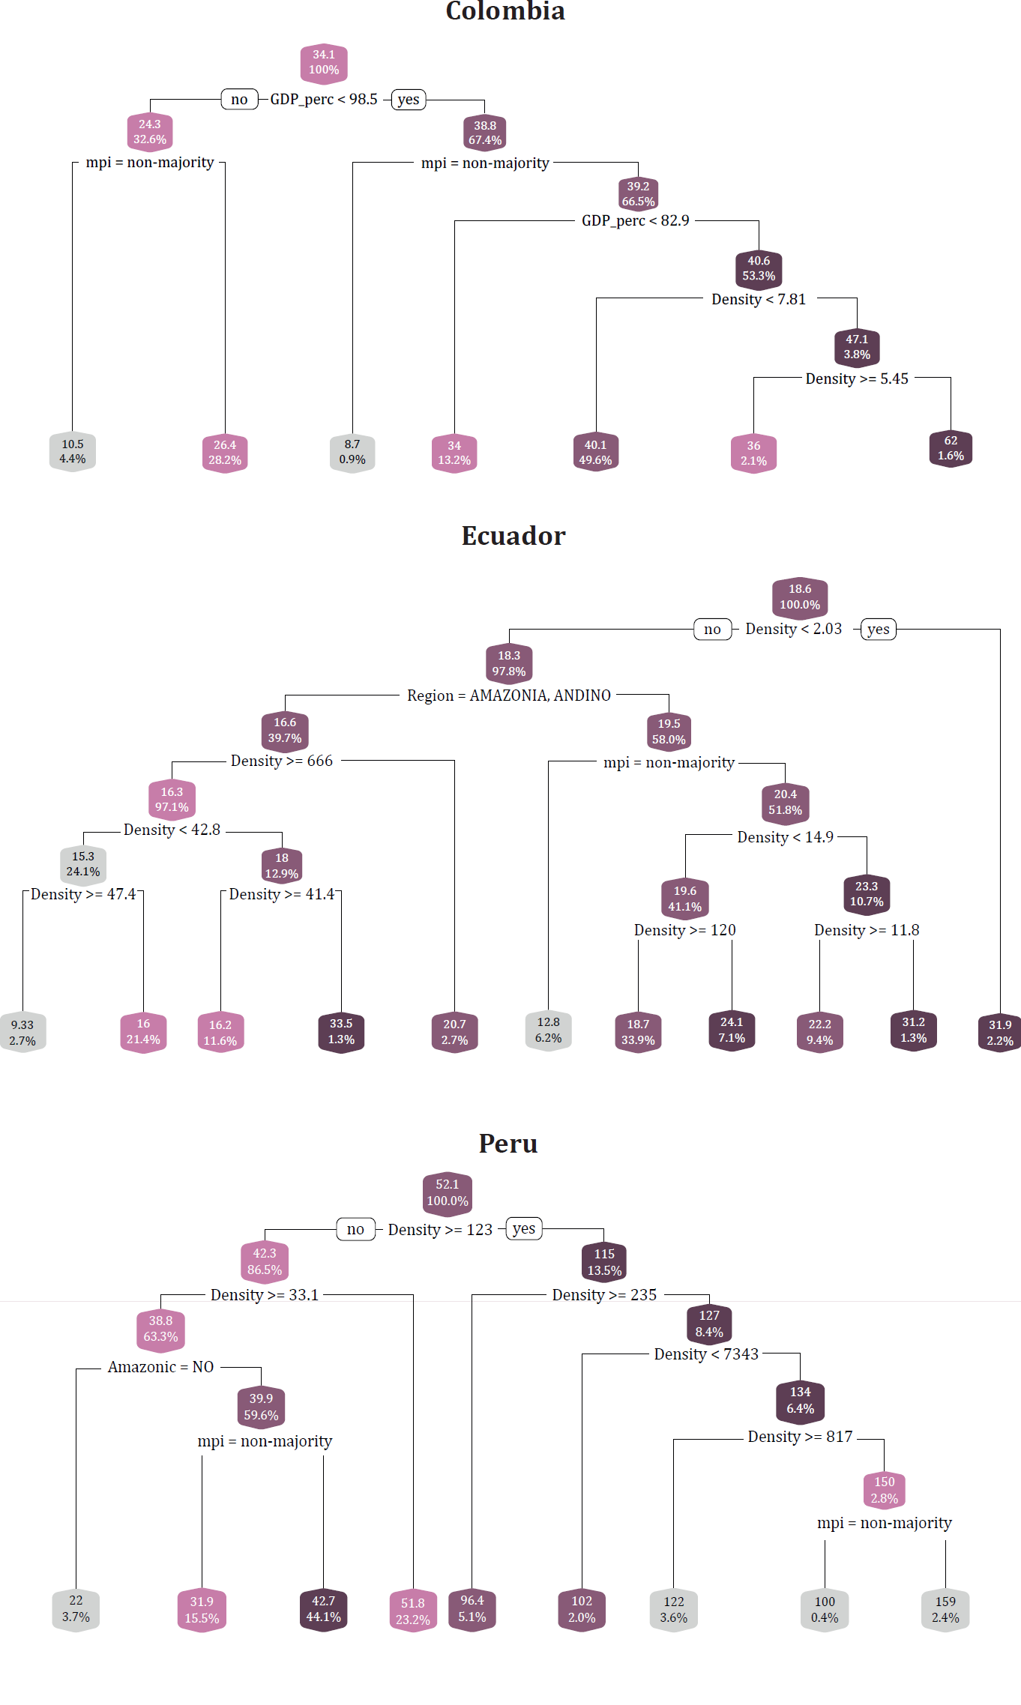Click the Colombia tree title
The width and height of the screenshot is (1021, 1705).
tap(505, 11)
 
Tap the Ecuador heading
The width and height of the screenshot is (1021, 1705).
tap(513, 536)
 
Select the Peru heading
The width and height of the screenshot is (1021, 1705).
tap(508, 1144)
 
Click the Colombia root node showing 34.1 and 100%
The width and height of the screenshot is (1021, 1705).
tap(324, 63)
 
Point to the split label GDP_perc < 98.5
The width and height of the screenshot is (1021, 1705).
tap(324, 100)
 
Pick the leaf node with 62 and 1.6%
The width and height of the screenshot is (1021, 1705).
tap(951, 449)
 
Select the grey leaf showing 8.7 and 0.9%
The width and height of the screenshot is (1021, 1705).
tap(352, 452)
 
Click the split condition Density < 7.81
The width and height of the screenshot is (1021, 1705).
tap(759, 300)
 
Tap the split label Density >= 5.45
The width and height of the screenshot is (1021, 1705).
tap(857, 379)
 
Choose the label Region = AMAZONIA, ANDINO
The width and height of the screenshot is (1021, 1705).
tap(509, 696)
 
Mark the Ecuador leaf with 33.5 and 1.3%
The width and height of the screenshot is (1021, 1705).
tap(341, 1032)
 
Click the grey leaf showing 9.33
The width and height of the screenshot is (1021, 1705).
tap(22, 1033)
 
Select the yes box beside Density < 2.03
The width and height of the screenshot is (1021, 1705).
tap(879, 630)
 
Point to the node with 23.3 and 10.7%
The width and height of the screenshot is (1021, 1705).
tap(867, 894)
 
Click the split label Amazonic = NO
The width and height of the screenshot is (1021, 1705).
tap(161, 1368)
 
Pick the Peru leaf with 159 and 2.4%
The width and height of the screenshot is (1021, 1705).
tap(945, 1610)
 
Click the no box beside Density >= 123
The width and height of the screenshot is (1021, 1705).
tap(356, 1230)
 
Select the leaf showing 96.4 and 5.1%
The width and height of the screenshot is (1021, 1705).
tap(472, 1609)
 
